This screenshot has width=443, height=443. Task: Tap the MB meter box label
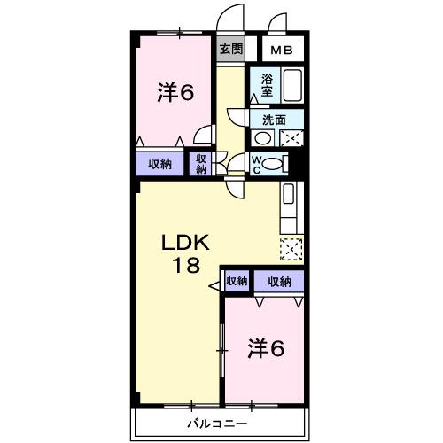tap(282, 51)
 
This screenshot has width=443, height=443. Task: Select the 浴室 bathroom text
tap(267, 84)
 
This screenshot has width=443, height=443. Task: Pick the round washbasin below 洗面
tap(263, 138)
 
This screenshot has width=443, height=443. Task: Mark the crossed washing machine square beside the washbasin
tap(291, 137)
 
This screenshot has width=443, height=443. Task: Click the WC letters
tap(256, 163)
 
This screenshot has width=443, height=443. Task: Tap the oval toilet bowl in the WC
tap(275, 163)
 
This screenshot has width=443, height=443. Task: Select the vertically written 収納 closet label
tap(201, 163)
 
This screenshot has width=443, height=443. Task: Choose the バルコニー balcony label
tap(217, 424)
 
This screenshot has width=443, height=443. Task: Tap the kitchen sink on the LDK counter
tap(289, 196)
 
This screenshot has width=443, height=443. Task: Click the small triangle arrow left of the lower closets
tap(214, 286)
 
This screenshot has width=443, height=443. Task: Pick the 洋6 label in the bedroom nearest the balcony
tap(265, 348)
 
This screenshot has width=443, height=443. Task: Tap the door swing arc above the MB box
tap(279, 22)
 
